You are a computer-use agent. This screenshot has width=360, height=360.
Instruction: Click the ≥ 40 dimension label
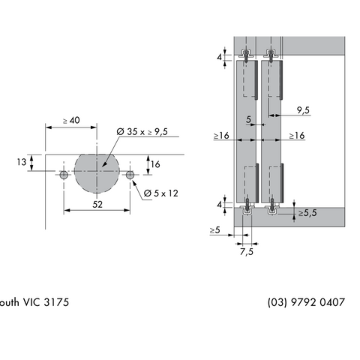tap(71, 121)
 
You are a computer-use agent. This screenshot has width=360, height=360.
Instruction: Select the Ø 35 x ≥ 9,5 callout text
tap(142, 132)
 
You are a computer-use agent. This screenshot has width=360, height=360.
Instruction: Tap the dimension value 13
tap(22, 162)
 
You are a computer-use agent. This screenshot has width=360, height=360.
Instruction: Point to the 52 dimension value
tap(97, 205)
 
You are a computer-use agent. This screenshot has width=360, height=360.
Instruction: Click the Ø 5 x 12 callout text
tap(161, 193)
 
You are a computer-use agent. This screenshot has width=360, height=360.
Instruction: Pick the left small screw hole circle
tap(64, 175)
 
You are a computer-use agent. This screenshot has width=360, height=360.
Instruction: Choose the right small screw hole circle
tap(130, 175)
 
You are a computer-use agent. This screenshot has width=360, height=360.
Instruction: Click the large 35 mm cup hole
tap(97, 173)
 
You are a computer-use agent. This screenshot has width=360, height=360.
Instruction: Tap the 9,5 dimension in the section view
tap(303, 110)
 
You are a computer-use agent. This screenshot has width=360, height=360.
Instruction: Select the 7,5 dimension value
tap(247, 252)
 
